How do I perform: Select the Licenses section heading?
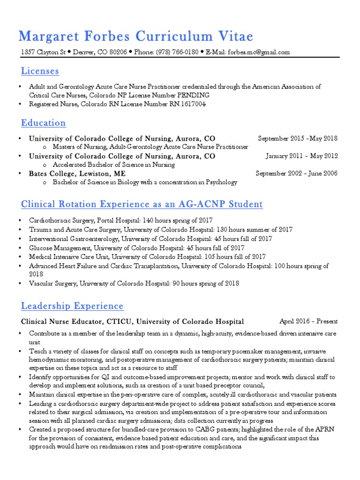click(40, 71)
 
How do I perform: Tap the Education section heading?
click(43, 123)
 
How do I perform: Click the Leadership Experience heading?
click(72, 307)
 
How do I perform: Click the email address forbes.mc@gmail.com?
click(259, 52)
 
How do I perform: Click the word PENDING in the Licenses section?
click(193, 95)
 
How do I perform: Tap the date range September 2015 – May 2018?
click(298, 139)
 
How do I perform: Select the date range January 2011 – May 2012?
click(301, 156)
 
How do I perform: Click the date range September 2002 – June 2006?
click(296, 173)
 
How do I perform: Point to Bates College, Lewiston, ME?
click(77, 173)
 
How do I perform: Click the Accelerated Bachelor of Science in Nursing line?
click(113, 165)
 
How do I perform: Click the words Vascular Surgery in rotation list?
click(52, 284)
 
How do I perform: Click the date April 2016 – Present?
click(308, 322)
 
